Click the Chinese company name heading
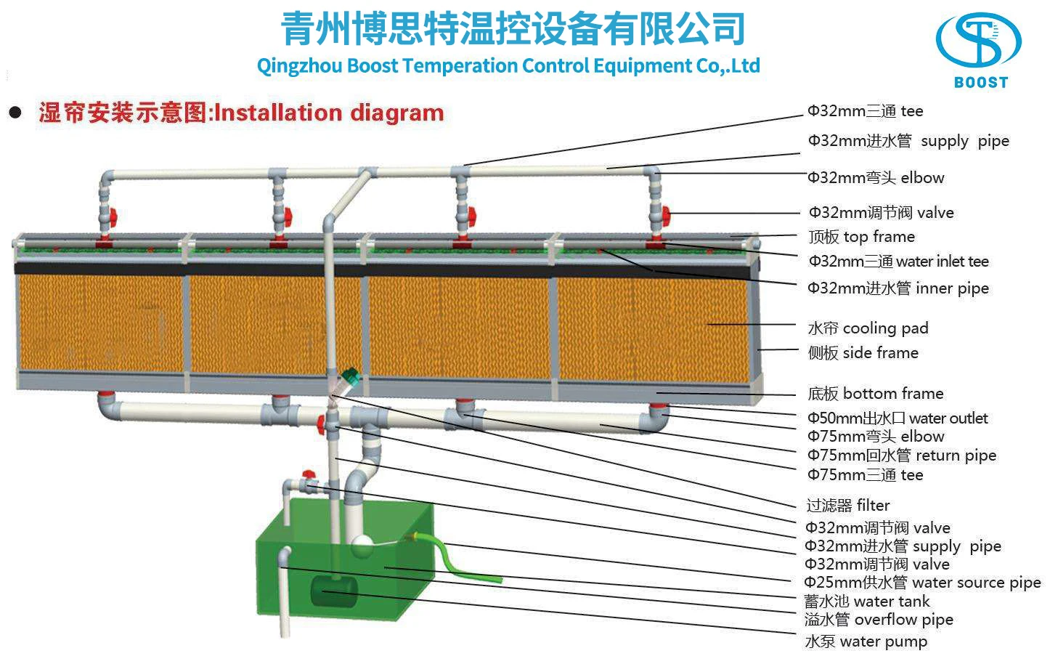tap(513, 29)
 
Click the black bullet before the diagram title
tap(16, 113)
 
